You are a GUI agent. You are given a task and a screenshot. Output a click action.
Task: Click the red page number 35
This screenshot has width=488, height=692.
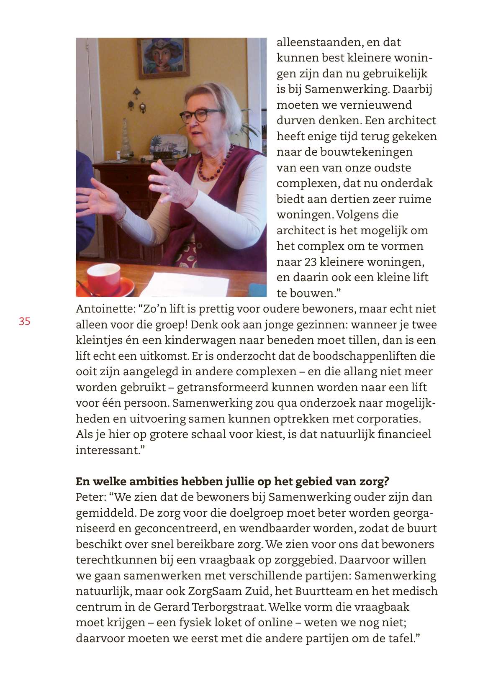[x=24, y=321]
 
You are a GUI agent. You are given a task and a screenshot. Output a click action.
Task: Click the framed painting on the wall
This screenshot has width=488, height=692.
[x=164, y=58]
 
